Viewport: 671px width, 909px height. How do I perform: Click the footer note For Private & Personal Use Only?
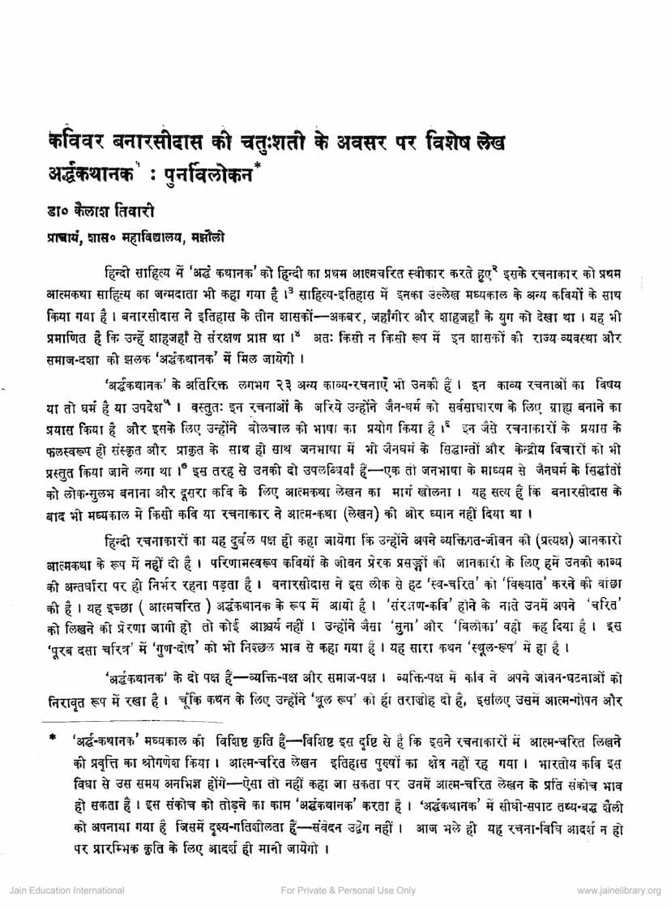click(348, 890)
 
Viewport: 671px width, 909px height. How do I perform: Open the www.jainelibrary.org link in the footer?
click(620, 890)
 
